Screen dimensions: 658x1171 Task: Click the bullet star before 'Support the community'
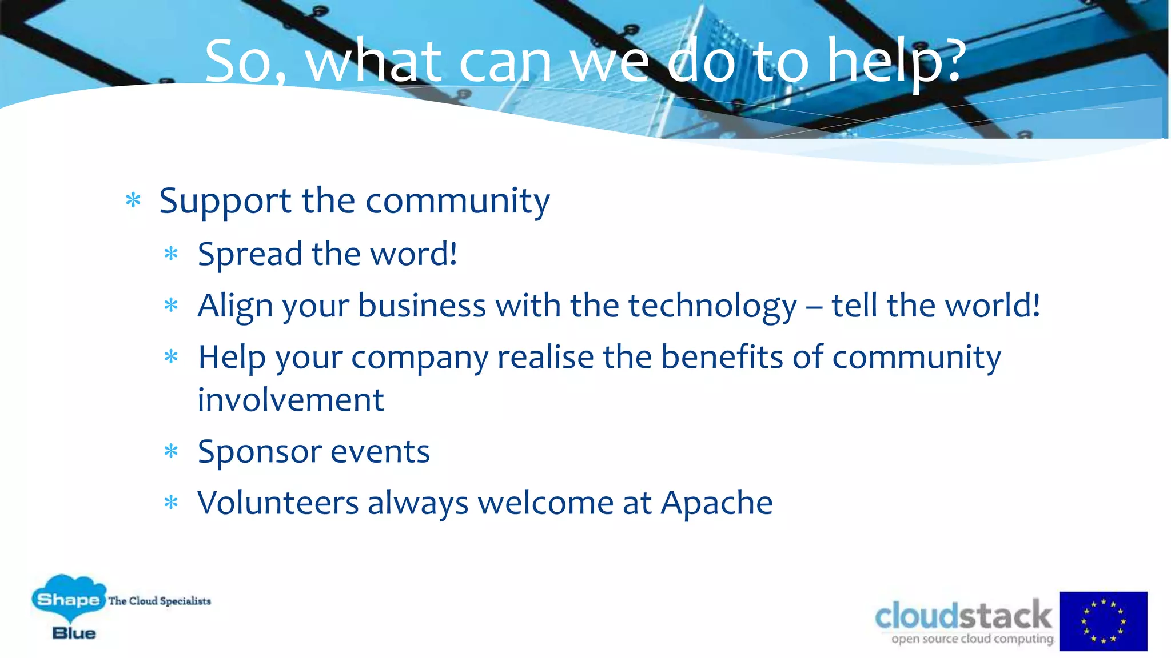133,200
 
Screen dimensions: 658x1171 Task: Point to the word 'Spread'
250,254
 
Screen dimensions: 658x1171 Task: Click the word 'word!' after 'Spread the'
414,254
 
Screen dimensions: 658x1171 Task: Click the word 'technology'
712,306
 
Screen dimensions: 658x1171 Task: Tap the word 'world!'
992,306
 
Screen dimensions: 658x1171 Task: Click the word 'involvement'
290,400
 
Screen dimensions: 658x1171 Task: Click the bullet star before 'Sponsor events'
171,452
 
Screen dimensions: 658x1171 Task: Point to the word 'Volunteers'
278,503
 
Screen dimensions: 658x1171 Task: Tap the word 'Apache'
716,503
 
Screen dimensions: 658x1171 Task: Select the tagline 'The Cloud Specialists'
160,601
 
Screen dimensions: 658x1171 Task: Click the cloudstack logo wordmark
963,616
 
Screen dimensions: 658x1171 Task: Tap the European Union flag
1103,621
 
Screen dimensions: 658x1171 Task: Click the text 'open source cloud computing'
972,639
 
